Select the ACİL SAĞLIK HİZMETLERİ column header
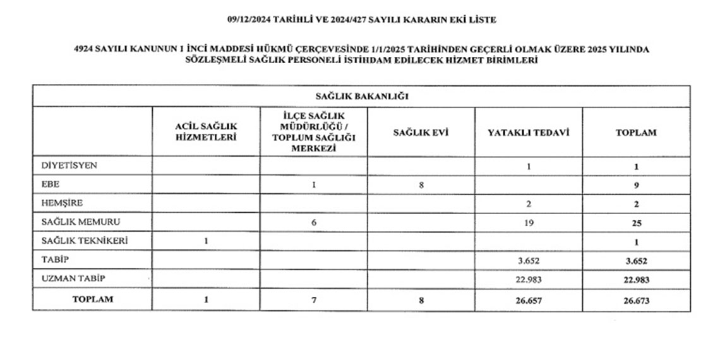[x=205, y=133]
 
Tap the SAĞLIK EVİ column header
[x=421, y=133]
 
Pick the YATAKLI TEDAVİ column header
[x=528, y=133]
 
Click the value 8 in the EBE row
[x=421, y=185]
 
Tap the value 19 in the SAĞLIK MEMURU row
[x=528, y=222]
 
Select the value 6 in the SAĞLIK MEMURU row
[x=314, y=222]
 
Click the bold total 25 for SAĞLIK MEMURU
[x=636, y=222]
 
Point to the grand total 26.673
[x=636, y=300]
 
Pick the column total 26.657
[x=528, y=300]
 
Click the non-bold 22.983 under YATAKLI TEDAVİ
[x=528, y=279]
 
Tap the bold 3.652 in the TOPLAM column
[x=636, y=260]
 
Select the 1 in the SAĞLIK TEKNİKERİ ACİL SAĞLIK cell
[x=206, y=241]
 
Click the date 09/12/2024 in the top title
[x=249, y=20]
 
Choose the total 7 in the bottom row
[x=314, y=300]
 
